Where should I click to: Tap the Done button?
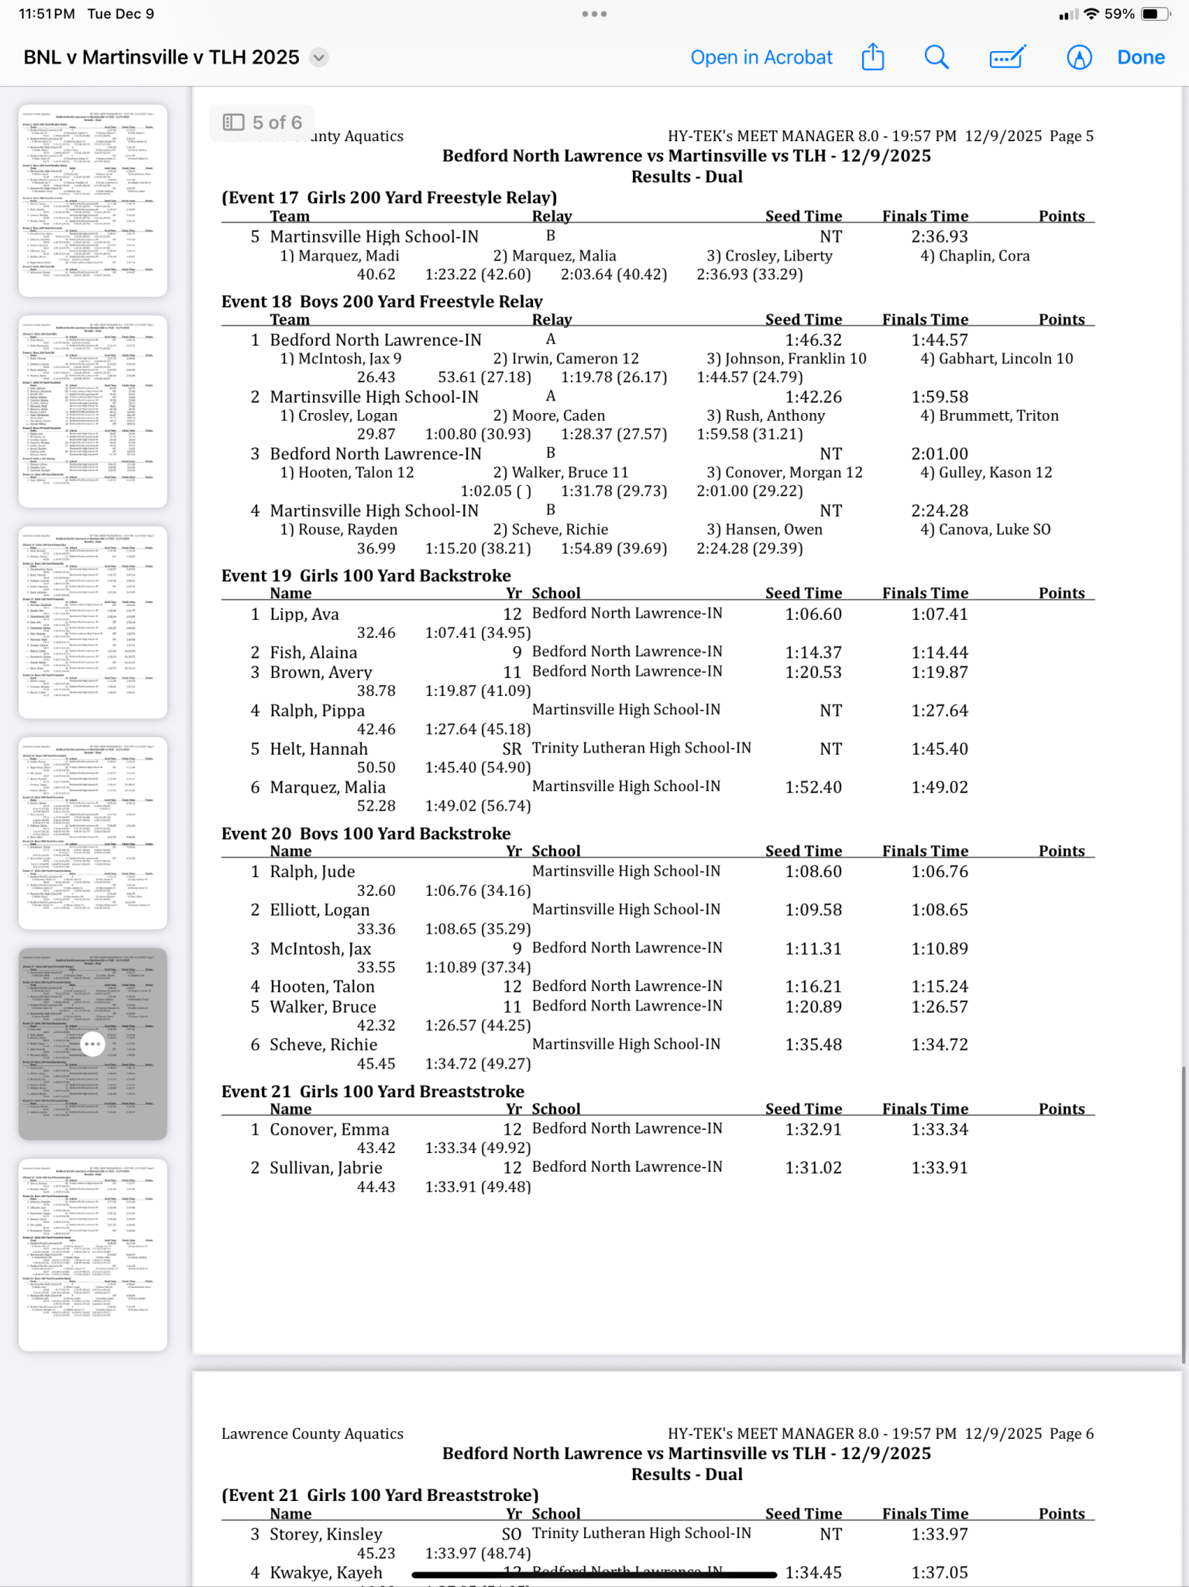click(1140, 57)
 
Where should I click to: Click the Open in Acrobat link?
click(761, 57)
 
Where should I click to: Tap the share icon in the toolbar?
click(873, 57)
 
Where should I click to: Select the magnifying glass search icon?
click(936, 57)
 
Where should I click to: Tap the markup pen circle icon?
click(1078, 57)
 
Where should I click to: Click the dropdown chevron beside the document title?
click(318, 57)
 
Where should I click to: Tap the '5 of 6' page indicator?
click(263, 122)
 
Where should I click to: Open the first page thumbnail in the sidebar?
click(93, 200)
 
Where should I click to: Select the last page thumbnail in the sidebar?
click(93, 1254)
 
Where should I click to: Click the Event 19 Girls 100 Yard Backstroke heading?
click(366, 576)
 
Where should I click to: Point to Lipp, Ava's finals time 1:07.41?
click(939, 614)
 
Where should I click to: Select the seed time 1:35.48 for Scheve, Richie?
click(813, 1045)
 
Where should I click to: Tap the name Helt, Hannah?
click(318, 749)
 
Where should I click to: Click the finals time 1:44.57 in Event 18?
click(939, 340)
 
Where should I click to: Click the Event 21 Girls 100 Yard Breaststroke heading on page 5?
click(373, 1092)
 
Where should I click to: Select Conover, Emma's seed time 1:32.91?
click(813, 1130)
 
